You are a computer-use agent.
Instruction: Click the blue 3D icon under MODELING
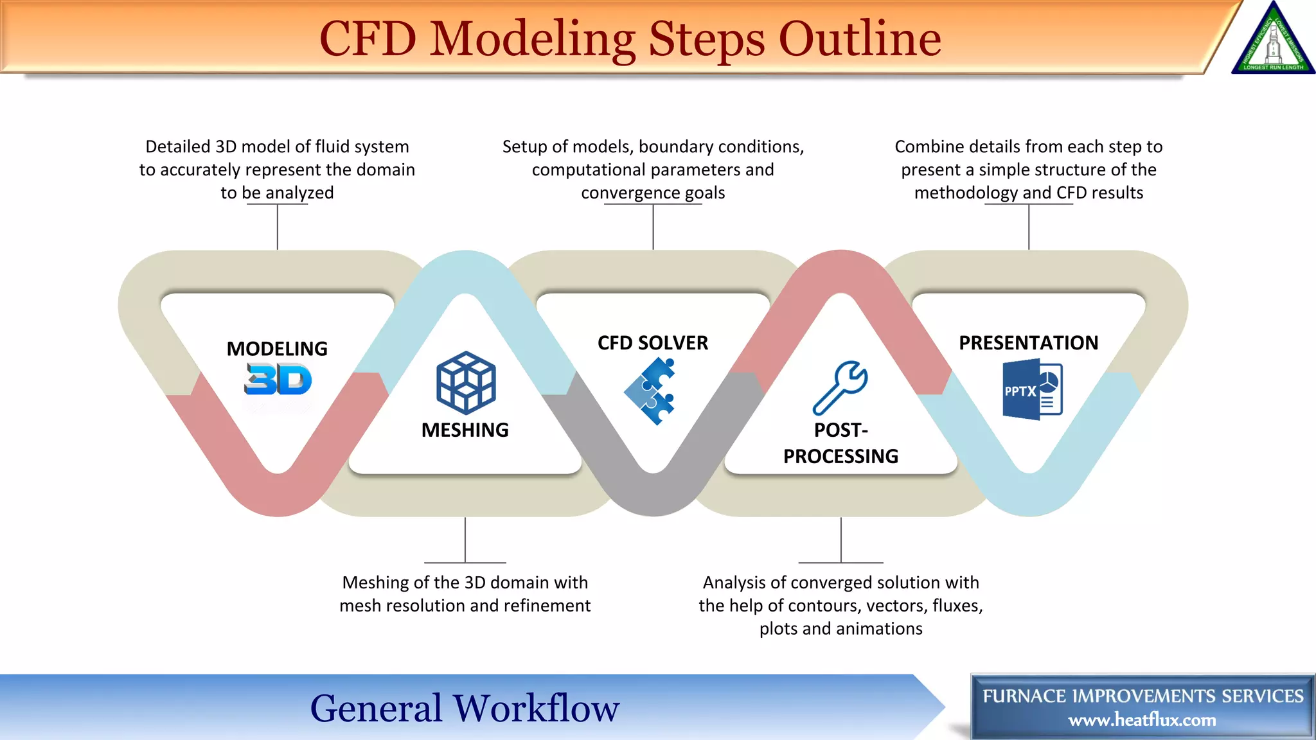pos(278,379)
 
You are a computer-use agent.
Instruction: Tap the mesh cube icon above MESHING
pos(466,383)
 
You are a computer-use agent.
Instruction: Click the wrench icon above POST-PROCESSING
pos(840,388)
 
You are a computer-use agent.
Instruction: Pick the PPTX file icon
pos(1033,390)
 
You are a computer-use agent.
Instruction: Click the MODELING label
pos(277,349)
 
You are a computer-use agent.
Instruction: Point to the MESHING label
pos(465,430)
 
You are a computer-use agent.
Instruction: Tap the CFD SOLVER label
pos(653,343)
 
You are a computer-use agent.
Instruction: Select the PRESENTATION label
pos(1028,343)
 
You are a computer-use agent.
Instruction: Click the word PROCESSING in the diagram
pos(840,456)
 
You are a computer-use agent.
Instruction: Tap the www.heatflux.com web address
pos(1142,720)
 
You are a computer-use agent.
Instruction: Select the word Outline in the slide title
pos(860,39)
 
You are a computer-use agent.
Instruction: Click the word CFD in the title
pos(368,39)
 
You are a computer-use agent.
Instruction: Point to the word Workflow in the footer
pos(536,708)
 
